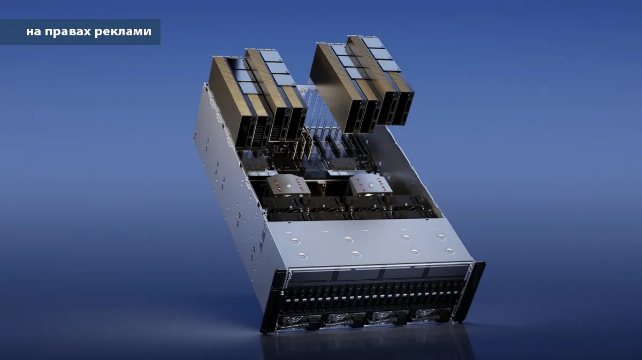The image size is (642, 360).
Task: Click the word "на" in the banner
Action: tap(34, 32)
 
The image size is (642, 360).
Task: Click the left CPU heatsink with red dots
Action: tap(287, 186)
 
